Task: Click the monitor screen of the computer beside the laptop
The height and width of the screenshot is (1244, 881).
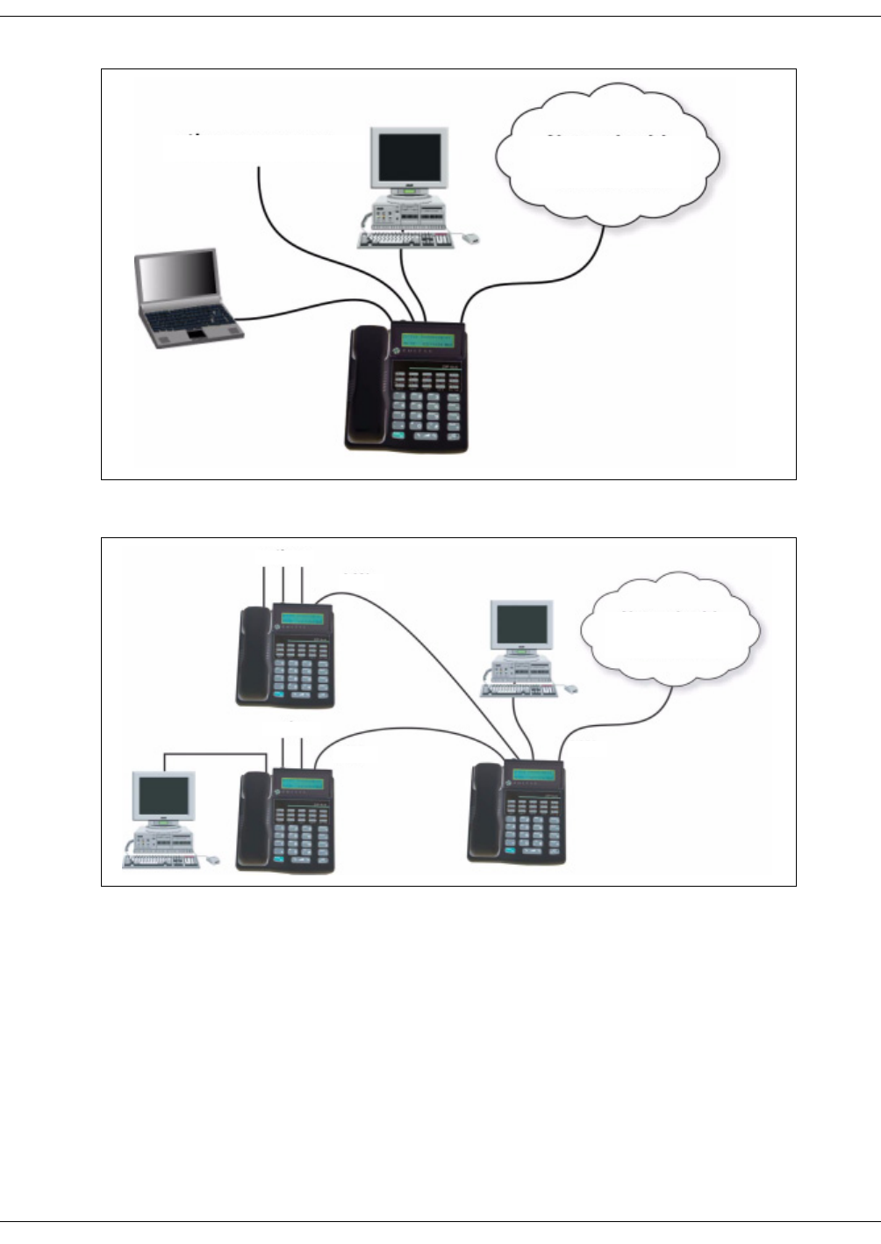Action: point(409,157)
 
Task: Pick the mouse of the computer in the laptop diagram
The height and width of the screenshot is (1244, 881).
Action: point(471,238)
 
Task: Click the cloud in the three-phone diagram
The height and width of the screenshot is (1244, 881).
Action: point(670,629)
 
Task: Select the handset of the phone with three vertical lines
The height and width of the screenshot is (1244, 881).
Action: point(255,654)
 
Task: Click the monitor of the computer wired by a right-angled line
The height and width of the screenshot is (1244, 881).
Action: point(163,795)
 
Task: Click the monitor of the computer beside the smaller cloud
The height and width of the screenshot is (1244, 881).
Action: point(521,625)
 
